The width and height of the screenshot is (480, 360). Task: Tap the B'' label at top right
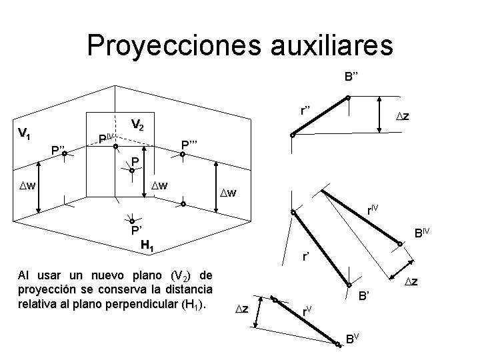[x=353, y=76]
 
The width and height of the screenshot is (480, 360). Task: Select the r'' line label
[x=307, y=110]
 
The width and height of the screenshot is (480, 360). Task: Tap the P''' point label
[x=192, y=143]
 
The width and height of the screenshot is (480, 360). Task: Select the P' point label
[x=137, y=231]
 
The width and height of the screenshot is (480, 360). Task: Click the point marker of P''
[x=64, y=155]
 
